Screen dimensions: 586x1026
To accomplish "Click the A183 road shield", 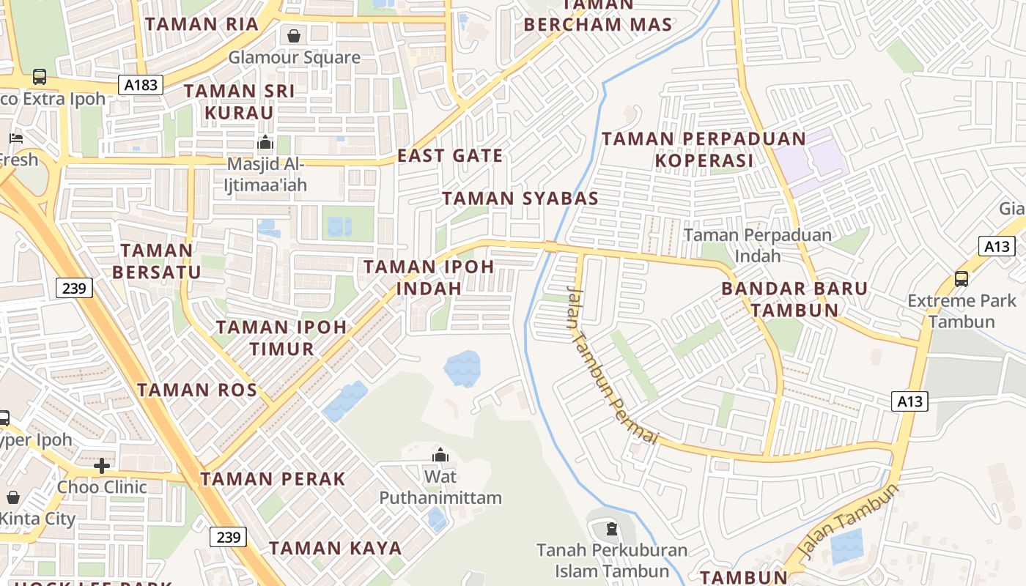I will click(141, 85).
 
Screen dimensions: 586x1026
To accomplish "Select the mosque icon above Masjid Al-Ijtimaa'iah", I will click(265, 141).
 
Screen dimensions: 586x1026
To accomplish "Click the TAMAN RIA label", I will click(202, 24).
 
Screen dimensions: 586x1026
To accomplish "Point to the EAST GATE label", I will click(450, 155).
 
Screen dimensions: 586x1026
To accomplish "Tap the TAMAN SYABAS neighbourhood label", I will click(520, 198).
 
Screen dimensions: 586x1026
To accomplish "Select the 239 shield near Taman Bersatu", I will click(74, 288).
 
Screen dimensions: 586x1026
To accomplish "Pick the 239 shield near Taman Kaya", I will click(228, 537).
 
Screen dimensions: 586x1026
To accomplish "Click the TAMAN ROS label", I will click(197, 390).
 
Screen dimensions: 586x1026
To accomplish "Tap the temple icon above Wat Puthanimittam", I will click(440, 455).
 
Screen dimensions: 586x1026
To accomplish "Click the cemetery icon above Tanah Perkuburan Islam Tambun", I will click(611, 528).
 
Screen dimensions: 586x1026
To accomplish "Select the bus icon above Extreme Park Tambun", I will click(961, 278).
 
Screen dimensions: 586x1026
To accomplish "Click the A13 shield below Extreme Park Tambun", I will click(909, 401).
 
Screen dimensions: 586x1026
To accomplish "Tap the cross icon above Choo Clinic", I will click(102, 465).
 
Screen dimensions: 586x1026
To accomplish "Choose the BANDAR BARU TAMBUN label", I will click(794, 299).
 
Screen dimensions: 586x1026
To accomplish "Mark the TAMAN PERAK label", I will click(273, 479).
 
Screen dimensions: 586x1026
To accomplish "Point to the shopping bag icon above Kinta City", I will click(13, 497).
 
